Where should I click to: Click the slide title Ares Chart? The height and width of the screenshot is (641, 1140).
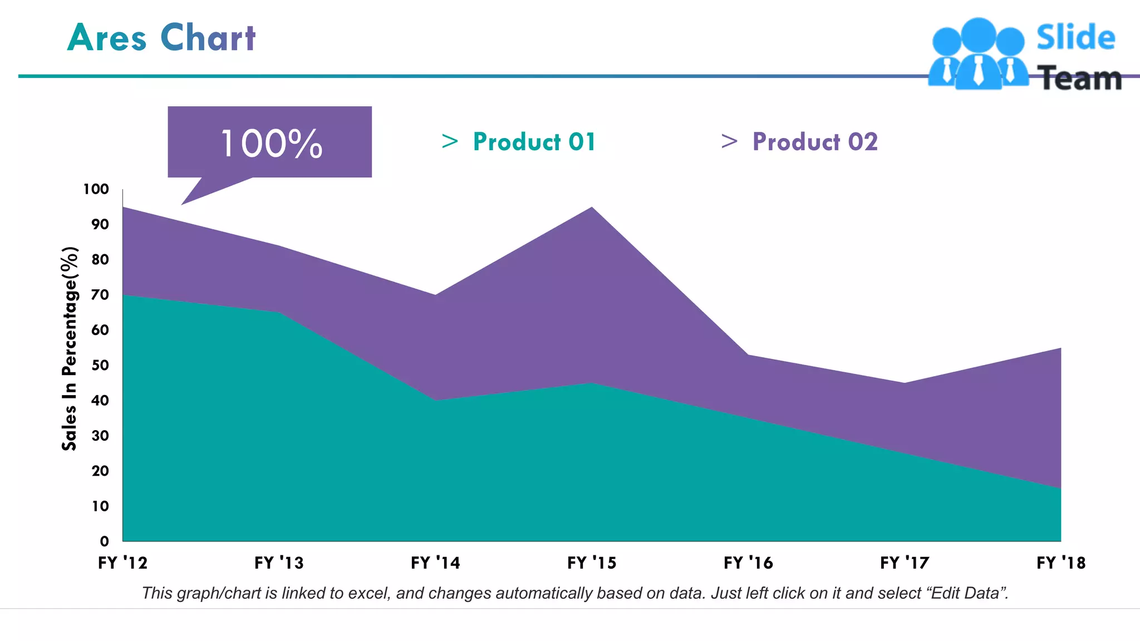(161, 38)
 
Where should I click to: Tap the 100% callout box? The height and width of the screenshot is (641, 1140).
(270, 142)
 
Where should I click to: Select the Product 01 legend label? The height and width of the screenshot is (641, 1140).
(534, 142)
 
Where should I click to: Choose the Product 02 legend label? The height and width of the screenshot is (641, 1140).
(815, 142)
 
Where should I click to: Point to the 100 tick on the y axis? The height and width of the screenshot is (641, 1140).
(96, 189)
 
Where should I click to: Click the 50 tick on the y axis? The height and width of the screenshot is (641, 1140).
(100, 366)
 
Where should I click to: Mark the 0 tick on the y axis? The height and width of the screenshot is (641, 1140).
(104, 541)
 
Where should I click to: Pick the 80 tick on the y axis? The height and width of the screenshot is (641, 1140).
(100, 260)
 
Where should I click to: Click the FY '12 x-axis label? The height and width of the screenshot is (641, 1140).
(122, 563)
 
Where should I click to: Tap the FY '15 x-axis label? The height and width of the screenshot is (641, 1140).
(592, 563)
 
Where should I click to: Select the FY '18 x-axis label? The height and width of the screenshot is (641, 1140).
(1061, 563)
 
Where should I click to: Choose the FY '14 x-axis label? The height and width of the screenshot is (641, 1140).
(435, 563)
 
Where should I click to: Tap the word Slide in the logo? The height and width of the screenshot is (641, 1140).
(1075, 37)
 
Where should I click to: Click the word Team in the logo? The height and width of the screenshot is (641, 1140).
(1080, 78)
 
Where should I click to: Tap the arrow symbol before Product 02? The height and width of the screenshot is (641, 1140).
(729, 141)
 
